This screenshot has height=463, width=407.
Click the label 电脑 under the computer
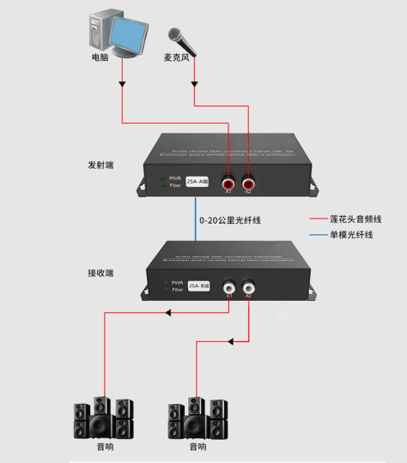(100, 58)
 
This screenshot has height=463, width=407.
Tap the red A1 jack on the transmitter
(229, 183)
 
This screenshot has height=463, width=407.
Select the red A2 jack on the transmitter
(248, 183)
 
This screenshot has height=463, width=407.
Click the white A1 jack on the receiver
(229, 288)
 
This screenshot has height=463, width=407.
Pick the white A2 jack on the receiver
(249, 288)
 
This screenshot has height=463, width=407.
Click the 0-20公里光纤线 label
(229, 220)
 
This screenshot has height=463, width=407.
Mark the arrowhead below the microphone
(195, 84)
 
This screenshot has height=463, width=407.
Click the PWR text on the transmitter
(176, 178)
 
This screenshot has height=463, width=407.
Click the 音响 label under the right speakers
(197, 447)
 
